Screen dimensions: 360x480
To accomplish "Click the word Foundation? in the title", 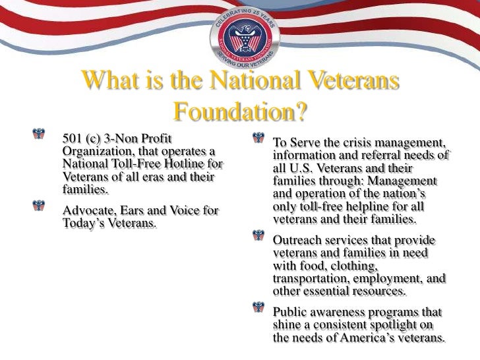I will [x=240, y=112].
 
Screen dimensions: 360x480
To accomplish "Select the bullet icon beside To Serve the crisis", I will [x=258, y=140].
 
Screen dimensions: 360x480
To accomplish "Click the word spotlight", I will [x=404, y=325].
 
